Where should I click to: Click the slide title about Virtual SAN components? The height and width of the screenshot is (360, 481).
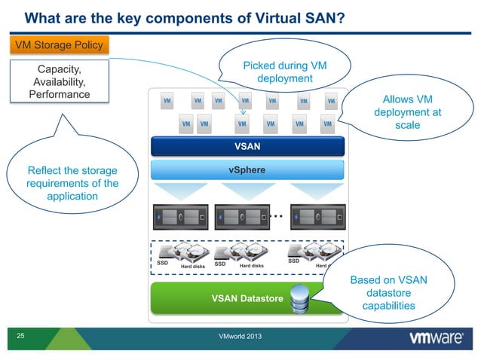185,17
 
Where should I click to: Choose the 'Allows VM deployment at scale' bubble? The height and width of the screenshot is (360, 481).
407,114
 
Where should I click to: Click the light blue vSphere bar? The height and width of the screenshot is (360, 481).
248,170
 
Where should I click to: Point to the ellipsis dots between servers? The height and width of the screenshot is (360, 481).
276,215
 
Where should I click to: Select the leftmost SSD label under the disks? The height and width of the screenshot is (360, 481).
162,264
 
